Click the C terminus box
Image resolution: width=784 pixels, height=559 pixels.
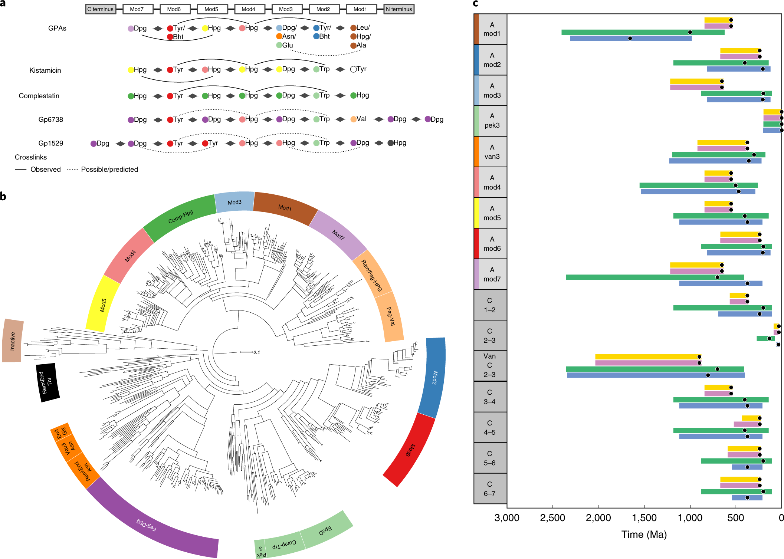click(x=101, y=9)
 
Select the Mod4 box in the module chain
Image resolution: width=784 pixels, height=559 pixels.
click(x=249, y=9)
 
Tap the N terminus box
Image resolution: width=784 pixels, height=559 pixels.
click(x=399, y=9)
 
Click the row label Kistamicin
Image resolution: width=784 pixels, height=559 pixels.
click(x=45, y=70)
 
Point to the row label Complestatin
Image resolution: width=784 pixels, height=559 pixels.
click(x=39, y=96)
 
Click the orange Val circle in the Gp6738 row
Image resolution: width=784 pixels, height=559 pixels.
click(x=353, y=119)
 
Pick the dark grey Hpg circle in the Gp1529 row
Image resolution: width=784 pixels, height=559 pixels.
click(x=390, y=143)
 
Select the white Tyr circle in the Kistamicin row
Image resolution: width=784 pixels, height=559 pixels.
click(x=353, y=69)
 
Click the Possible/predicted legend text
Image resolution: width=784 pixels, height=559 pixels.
click(x=109, y=170)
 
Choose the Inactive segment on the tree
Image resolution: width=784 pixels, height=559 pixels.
click(x=13, y=341)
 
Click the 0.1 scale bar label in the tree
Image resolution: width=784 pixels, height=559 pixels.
click(x=257, y=352)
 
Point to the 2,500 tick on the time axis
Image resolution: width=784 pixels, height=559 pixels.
click(x=552, y=518)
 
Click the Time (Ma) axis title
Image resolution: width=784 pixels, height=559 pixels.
click(x=644, y=535)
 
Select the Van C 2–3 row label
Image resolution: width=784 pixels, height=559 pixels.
click(x=490, y=366)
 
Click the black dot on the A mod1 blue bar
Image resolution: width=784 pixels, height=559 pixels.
click(x=630, y=39)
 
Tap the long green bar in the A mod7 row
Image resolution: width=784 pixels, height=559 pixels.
click(x=655, y=277)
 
